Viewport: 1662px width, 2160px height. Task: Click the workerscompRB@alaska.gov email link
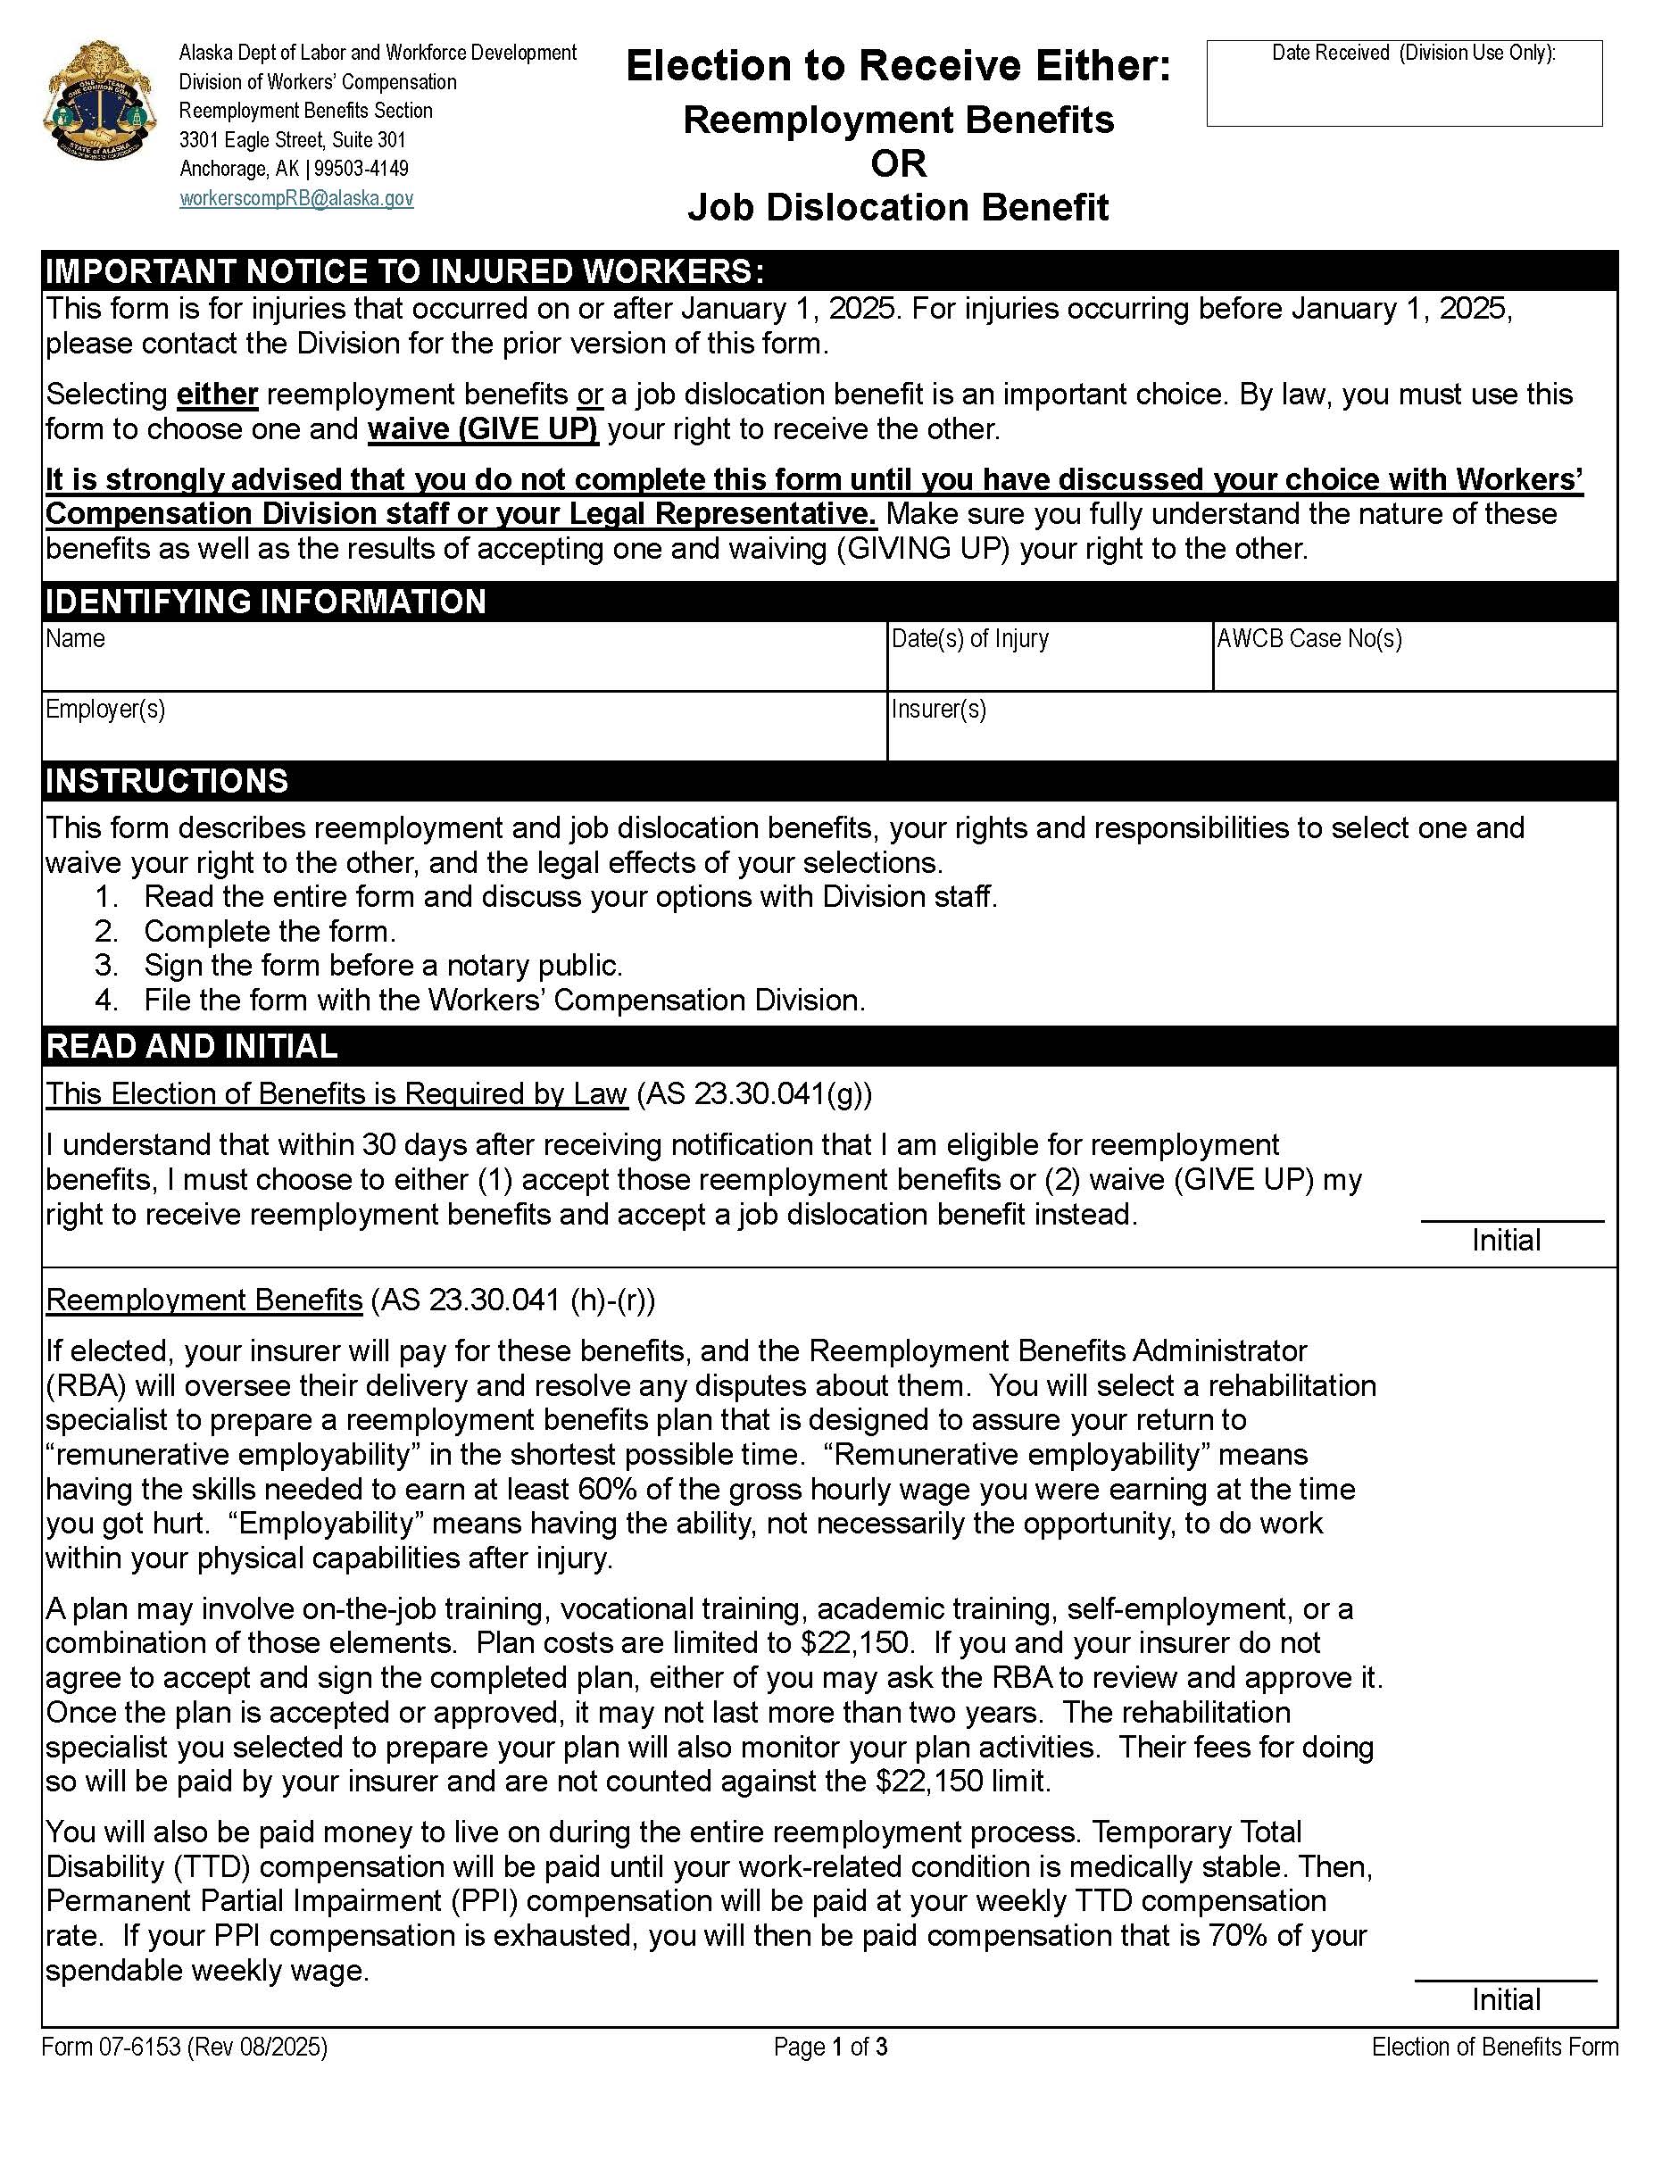tap(296, 199)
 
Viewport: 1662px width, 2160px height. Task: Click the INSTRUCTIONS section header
tap(168, 781)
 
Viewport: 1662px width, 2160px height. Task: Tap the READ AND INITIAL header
tap(192, 1046)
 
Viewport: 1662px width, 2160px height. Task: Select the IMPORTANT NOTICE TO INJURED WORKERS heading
tap(405, 271)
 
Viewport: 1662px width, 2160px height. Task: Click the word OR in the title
tap(898, 163)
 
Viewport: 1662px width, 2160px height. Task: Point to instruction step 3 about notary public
tap(383, 965)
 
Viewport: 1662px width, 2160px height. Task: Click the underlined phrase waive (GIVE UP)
tap(483, 429)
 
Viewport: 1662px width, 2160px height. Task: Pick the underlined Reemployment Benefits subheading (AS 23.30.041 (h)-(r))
tap(204, 1300)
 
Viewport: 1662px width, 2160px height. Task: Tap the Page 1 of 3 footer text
tap(831, 2048)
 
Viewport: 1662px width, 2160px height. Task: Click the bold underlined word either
tap(217, 395)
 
